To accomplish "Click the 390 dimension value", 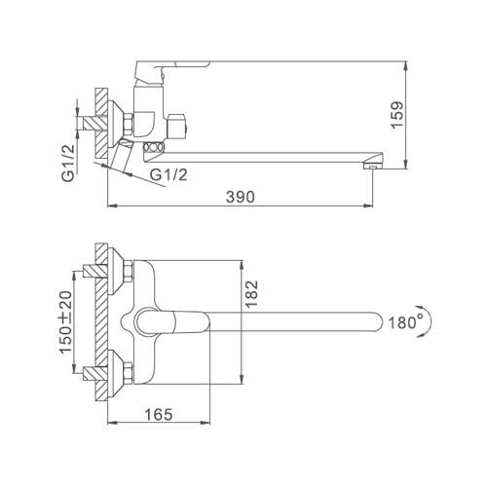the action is pos(241,197).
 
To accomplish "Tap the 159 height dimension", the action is pos(397,115).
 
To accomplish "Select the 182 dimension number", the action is pos(251,294).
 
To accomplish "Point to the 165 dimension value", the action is pos(159,414).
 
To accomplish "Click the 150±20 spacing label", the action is pos(65,322).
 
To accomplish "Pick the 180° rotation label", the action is pos(402,322).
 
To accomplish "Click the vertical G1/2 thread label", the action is pos(68,163).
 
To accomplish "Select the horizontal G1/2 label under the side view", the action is pos(169,174).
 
